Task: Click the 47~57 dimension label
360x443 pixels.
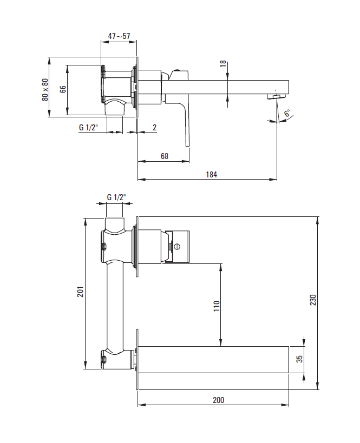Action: tap(119, 36)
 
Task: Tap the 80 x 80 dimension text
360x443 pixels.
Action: tap(45, 90)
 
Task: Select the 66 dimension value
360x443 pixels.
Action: tap(63, 89)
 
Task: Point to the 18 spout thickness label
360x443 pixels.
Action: tap(223, 64)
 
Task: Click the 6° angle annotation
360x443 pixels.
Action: tap(287, 113)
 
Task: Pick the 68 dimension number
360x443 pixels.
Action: tap(165, 156)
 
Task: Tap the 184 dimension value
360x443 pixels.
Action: tap(211, 175)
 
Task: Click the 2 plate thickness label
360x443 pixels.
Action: tap(154, 128)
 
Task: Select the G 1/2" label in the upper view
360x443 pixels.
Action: tap(89, 128)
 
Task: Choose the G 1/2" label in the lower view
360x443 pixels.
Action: tap(116, 197)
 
